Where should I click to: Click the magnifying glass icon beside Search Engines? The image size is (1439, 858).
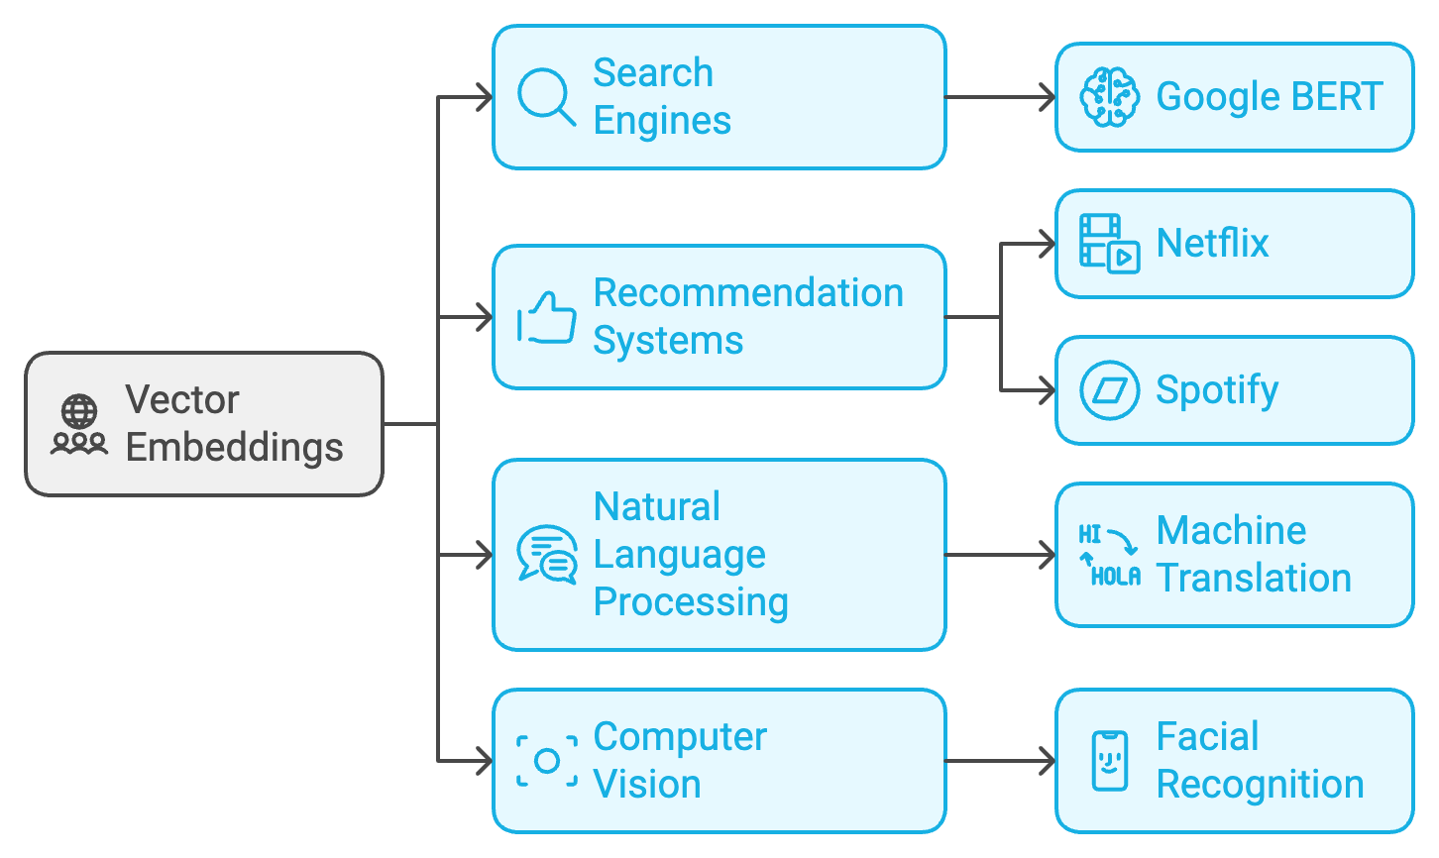(x=546, y=97)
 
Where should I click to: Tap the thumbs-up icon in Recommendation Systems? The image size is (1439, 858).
(x=546, y=318)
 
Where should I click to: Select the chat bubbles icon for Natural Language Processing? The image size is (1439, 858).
(x=547, y=554)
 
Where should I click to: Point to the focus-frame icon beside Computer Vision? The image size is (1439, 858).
(x=547, y=761)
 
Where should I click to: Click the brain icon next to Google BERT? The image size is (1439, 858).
(x=1109, y=97)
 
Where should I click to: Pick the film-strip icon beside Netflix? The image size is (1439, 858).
(x=1109, y=244)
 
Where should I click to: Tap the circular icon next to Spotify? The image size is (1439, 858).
(x=1109, y=390)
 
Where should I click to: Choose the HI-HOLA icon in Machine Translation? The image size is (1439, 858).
(x=1109, y=555)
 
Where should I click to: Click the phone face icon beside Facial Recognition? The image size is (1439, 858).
(x=1109, y=761)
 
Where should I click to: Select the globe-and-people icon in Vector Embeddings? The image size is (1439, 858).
(x=79, y=424)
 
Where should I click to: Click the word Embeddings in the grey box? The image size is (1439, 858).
(x=234, y=448)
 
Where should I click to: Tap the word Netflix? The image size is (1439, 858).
(x=1212, y=244)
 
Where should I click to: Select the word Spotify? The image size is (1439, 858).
(x=1217, y=390)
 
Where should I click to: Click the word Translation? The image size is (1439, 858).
(x=1254, y=579)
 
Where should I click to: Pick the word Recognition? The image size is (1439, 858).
(x=1260, y=785)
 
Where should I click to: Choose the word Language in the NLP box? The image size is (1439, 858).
(x=679, y=555)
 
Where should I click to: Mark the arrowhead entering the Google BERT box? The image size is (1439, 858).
(x=1049, y=97)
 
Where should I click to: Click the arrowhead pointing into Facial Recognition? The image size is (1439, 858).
(x=1049, y=761)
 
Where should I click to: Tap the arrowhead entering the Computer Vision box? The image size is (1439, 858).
(x=486, y=761)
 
